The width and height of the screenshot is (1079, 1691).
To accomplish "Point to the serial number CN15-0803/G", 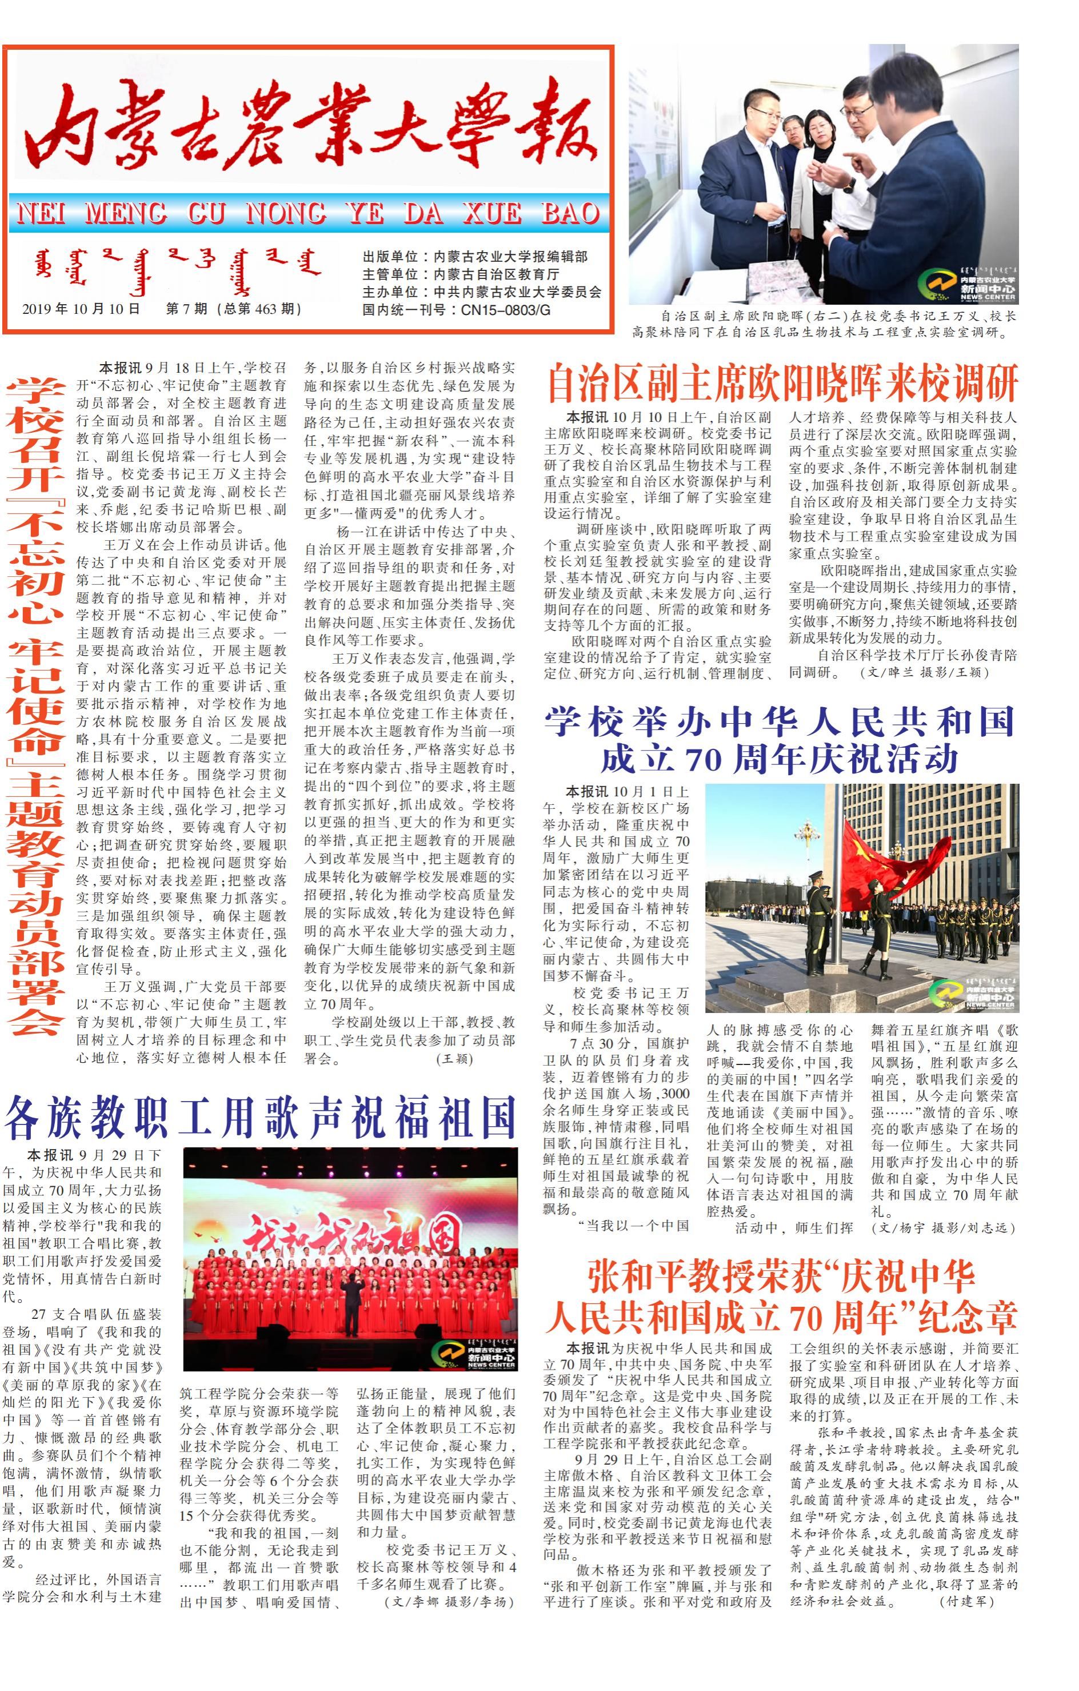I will tap(505, 310).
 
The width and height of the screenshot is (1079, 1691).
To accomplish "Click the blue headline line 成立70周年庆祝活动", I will tap(779, 759).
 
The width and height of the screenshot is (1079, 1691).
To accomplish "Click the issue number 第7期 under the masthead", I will tap(186, 309).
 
